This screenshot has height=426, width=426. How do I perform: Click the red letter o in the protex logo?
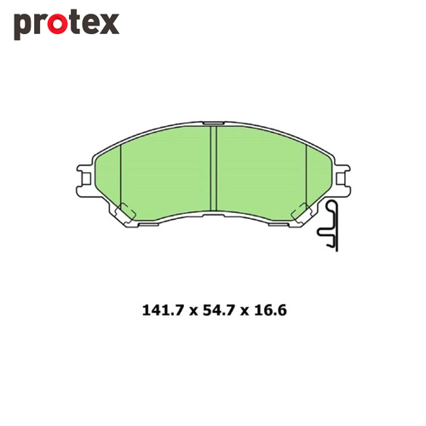tap(56, 24)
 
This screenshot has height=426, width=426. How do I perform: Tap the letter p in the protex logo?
tap(22, 26)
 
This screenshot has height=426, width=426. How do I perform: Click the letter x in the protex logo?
tap(108, 24)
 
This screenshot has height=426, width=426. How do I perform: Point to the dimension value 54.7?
tap(219, 310)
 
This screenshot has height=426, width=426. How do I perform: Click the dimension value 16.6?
tap(270, 310)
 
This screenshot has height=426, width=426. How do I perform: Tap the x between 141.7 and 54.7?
tap(193, 312)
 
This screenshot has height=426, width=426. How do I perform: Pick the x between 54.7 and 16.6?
tap(245, 312)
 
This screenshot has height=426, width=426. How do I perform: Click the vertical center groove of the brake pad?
tap(213, 169)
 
